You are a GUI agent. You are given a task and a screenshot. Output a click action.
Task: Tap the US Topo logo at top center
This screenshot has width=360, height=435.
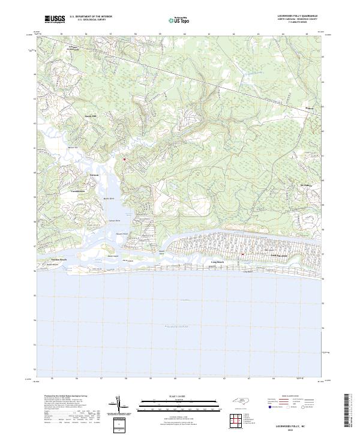173,20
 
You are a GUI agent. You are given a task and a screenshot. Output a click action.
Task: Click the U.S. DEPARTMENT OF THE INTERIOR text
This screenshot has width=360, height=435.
91,16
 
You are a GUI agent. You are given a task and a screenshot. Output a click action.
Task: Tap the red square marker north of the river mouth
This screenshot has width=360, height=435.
124,160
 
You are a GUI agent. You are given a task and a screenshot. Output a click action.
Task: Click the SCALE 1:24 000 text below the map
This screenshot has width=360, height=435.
171,397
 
